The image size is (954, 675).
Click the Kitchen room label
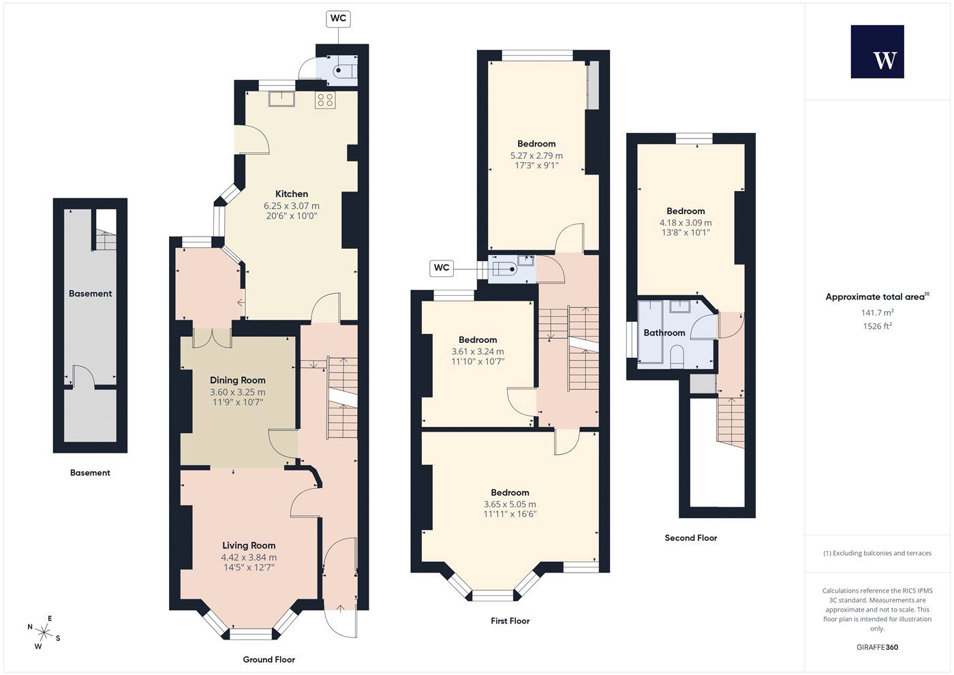point(292,194)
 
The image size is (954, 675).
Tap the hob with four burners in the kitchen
point(325,100)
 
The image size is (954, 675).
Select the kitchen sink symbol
point(281,99)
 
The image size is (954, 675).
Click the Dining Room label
point(238,380)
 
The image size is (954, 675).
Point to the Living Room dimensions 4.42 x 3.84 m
point(249,558)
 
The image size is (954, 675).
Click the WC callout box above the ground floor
point(339,19)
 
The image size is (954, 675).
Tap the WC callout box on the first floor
point(442,267)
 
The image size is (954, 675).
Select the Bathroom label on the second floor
point(664,333)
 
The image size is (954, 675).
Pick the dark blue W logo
point(878,52)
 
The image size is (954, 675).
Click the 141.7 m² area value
point(878,312)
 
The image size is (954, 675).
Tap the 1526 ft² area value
point(878,326)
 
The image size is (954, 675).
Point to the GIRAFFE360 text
point(878,647)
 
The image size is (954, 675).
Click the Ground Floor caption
point(268,660)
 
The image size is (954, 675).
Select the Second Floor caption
point(691,538)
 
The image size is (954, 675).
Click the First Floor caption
point(510,621)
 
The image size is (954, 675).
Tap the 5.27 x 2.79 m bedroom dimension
point(537,155)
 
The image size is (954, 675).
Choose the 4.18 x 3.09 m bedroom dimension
point(686,222)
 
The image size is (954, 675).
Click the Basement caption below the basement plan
point(90,472)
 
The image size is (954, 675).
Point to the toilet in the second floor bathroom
point(677,357)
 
